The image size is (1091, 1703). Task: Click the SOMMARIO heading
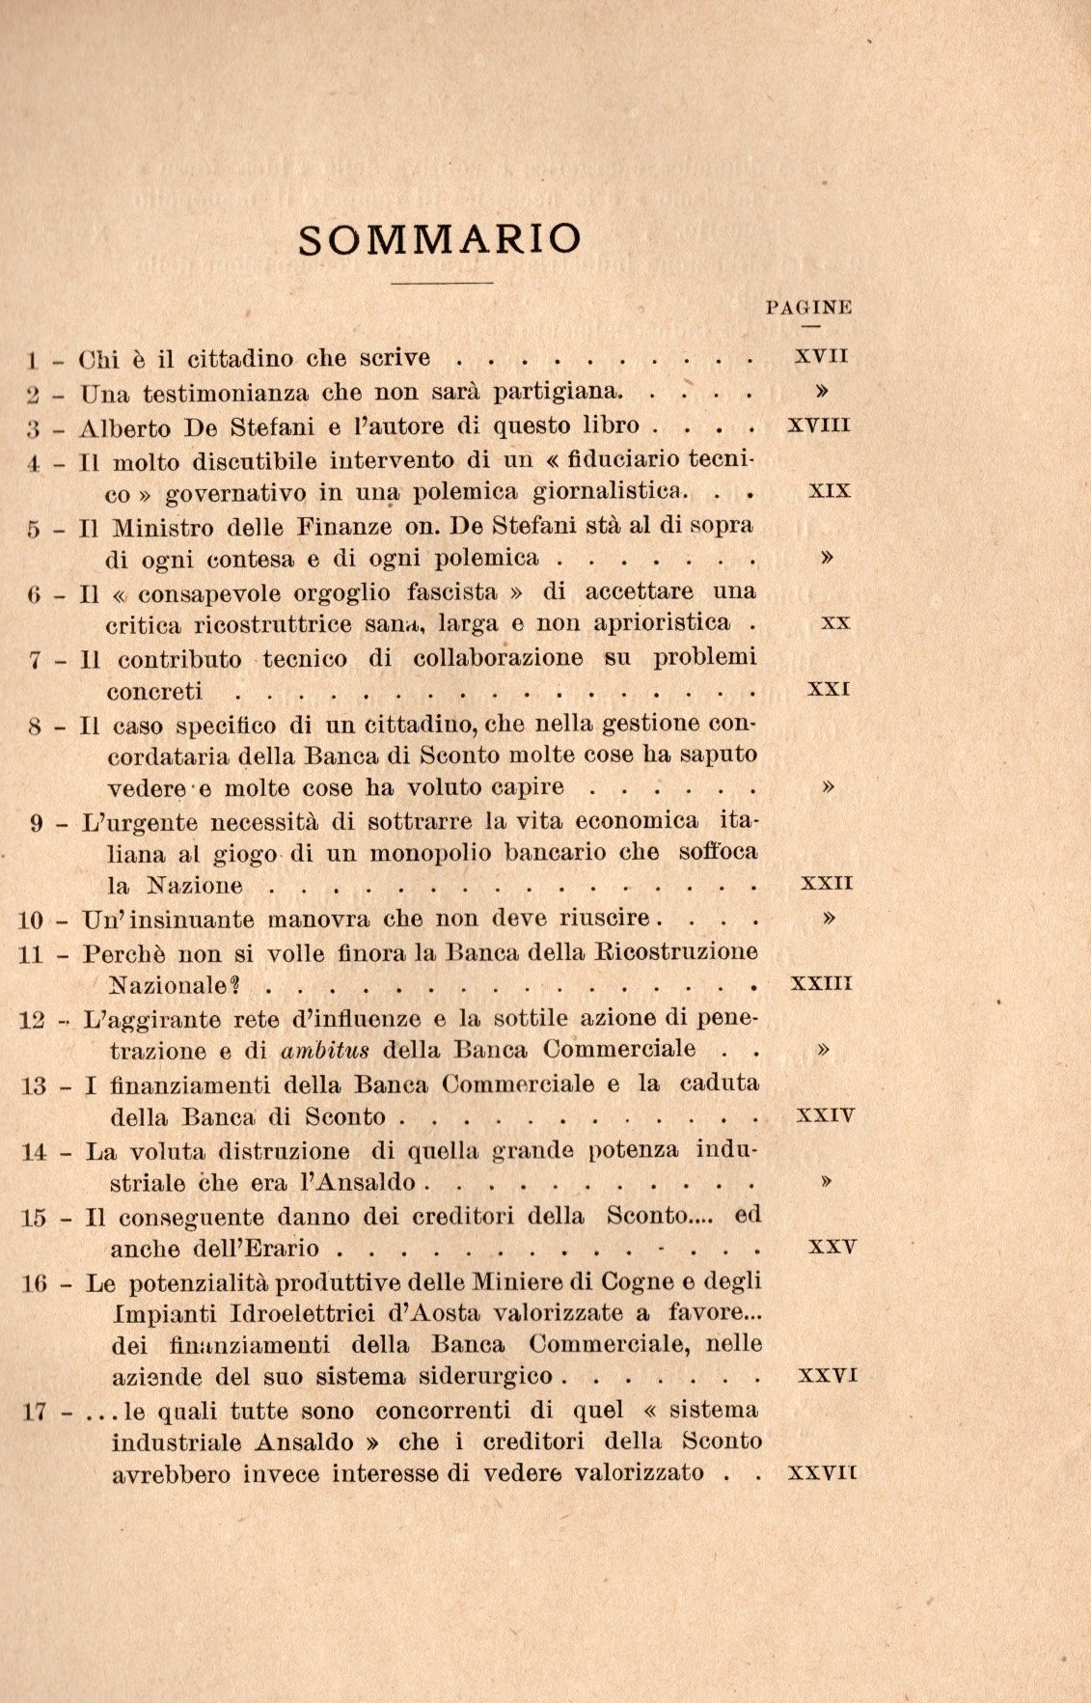(x=440, y=239)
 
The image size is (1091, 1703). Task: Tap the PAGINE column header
(x=808, y=308)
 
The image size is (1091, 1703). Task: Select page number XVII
(x=821, y=356)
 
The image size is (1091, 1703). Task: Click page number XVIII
(x=818, y=424)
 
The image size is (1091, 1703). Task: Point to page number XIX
(x=829, y=490)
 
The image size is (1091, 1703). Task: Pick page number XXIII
(x=821, y=984)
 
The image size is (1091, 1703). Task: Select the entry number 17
(x=34, y=1411)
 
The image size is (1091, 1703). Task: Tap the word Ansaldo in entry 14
(x=363, y=1183)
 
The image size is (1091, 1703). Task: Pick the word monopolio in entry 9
(x=424, y=853)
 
